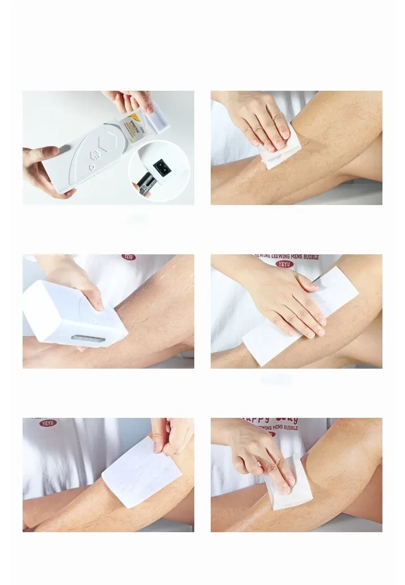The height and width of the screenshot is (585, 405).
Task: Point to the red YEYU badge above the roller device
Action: [x=129, y=257]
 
